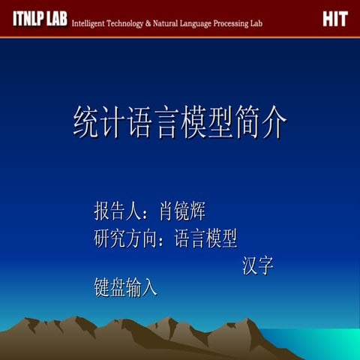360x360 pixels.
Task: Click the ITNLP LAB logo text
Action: pos(39,19)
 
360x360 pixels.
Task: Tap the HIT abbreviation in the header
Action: pos(334,19)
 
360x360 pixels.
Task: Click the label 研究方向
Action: pos(125,238)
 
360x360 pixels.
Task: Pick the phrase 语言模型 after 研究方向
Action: pos(205,238)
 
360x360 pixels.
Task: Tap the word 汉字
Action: pos(258,266)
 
